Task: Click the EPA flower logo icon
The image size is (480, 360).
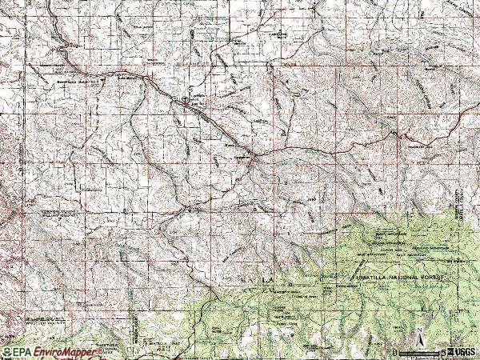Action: click(6, 352)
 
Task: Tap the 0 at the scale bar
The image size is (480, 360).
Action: click(395, 352)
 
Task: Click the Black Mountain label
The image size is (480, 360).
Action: click(391, 234)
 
